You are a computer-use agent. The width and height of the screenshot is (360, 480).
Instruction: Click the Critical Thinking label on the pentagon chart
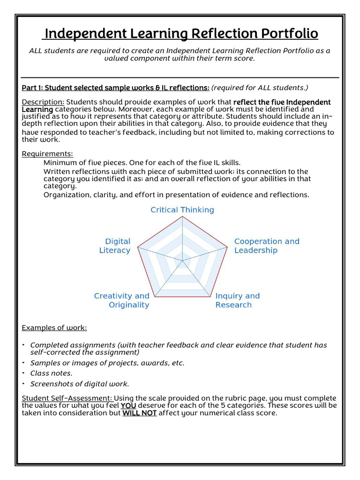click(x=182, y=210)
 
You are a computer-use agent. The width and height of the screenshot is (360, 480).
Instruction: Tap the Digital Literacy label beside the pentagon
click(x=115, y=246)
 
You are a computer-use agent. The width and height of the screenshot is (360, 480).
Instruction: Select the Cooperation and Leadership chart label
click(x=266, y=246)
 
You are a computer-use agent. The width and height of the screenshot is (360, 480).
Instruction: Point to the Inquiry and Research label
click(x=237, y=300)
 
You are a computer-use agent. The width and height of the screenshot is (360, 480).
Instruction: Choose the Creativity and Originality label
click(x=122, y=300)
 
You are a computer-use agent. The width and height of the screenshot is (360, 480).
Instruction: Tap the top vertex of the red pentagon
click(x=182, y=217)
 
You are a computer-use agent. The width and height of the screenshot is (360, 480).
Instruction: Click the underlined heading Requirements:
click(x=47, y=154)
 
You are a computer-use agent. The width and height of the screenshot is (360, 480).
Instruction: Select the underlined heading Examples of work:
click(x=54, y=328)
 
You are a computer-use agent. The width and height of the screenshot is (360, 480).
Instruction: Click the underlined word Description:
click(x=43, y=102)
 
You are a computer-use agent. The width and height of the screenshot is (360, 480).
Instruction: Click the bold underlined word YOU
click(x=127, y=405)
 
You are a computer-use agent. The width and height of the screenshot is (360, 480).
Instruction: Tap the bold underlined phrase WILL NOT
click(x=139, y=413)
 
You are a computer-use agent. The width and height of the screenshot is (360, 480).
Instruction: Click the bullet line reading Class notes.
click(x=51, y=373)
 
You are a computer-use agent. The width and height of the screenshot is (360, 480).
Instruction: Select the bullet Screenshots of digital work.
click(x=79, y=384)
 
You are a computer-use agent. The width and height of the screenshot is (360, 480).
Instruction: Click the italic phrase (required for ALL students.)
click(x=260, y=88)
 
